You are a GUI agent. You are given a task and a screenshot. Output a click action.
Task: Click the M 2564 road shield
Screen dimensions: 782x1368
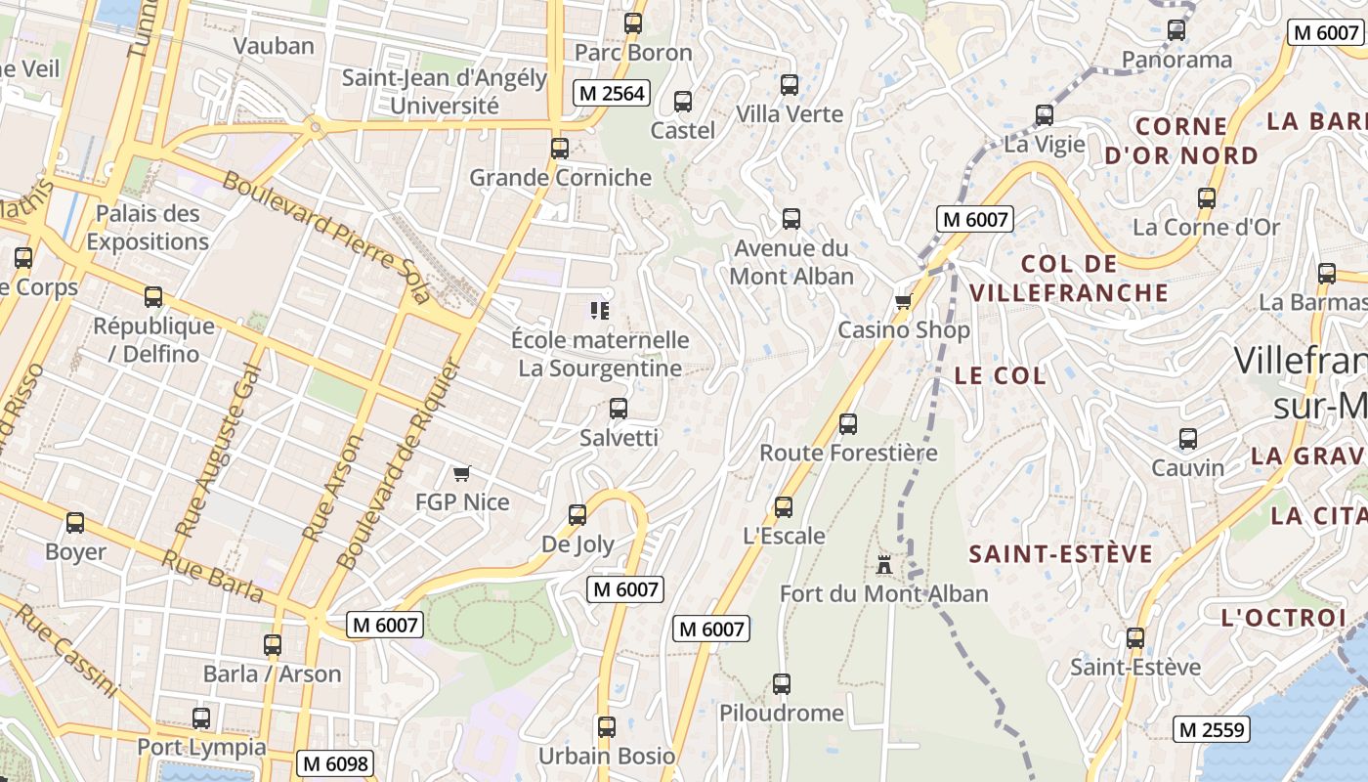(x=612, y=93)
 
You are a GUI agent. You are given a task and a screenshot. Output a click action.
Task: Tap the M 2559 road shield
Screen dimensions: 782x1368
(x=1211, y=729)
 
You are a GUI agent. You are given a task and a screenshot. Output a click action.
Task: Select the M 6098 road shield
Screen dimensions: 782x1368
(x=335, y=763)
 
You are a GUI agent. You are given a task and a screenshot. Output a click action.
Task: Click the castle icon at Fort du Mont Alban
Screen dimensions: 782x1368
(x=884, y=564)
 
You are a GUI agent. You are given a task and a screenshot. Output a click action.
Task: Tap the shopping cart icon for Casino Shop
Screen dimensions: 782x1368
(x=904, y=301)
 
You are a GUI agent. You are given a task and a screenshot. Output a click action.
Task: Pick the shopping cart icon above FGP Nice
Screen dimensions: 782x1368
(x=462, y=473)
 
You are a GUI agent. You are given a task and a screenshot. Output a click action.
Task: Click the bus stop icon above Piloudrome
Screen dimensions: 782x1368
(x=782, y=684)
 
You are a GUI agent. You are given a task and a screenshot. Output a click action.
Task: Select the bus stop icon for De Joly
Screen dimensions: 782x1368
(x=577, y=514)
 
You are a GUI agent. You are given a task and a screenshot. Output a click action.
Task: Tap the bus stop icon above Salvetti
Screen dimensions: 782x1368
(x=619, y=409)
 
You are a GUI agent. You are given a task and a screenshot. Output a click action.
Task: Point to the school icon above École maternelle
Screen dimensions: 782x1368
(x=600, y=311)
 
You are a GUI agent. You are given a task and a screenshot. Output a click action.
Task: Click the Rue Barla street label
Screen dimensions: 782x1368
(x=213, y=577)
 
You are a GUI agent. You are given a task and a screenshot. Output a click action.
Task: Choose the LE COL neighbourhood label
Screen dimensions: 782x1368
(x=1000, y=375)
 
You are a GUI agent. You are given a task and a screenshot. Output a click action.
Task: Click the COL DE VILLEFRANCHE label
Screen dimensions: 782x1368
(x=1069, y=279)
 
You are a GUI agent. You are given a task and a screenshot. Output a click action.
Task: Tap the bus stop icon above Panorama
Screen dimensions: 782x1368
(x=1176, y=30)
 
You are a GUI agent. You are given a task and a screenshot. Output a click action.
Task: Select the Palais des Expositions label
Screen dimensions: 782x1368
(x=148, y=228)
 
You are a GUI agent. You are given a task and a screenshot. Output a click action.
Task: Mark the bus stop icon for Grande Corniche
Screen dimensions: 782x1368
(x=560, y=149)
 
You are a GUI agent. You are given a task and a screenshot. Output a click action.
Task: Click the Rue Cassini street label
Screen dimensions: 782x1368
(x=66, y=649)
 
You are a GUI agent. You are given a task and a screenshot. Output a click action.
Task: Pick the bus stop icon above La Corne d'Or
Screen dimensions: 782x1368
(x=1207, y=198)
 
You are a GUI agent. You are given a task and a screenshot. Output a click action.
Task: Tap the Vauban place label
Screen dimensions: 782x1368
(x=274, y=46)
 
